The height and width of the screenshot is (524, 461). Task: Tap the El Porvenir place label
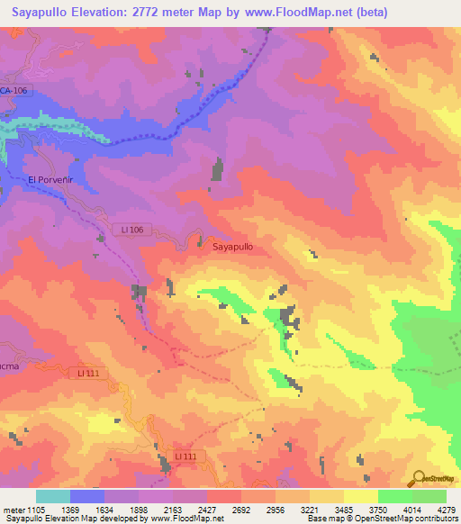coord(50,179)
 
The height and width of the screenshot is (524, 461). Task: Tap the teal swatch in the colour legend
coord(53,496)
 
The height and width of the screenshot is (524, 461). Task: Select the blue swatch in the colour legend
coord(87,496)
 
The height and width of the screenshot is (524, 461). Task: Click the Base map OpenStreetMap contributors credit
coord(382,519)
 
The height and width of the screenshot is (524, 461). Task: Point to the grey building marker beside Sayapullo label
coord(200,239)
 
